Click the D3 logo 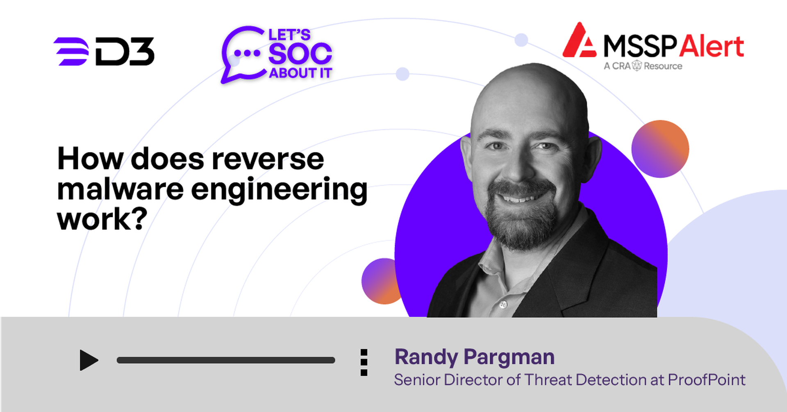[x=104, y=51]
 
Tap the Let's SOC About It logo [x=277, y=55]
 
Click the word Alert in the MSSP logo [x=711, y=46]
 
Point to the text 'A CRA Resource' [x=643, y=66]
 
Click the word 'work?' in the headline [x=102, y=219]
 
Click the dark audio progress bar [x=226, y=360]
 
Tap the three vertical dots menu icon [x=364, y=362]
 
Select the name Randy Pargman [x=474, y=357]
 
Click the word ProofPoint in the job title [x=707, y=380]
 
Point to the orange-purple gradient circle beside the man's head [x=660, y=149]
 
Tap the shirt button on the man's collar [x=503, y=304]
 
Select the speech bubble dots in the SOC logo [x=247, y=53]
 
